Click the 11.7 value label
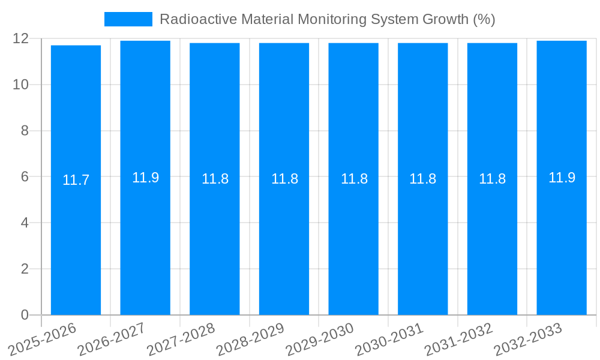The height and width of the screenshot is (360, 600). click(76, 180)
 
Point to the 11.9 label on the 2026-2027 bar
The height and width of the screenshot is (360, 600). click(145, 178)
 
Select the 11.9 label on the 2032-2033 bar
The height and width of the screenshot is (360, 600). click(562, 178)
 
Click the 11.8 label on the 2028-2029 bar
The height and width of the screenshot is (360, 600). click(284, 179)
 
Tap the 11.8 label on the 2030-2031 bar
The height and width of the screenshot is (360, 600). click(423, 179)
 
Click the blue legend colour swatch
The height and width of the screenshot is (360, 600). click(128, 19)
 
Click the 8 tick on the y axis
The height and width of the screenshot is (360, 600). click(25, 131)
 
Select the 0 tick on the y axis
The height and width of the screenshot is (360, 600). click(25, 315)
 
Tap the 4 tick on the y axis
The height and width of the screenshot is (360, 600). click(25, 223)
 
